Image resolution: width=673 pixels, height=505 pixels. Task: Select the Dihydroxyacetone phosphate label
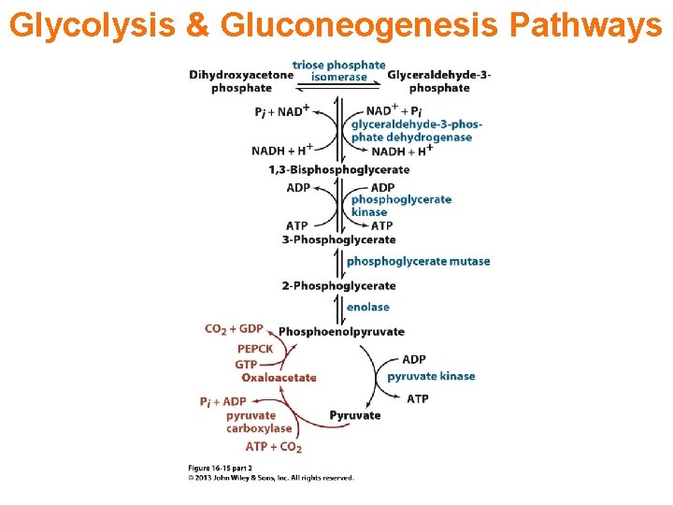(x=241, y=81)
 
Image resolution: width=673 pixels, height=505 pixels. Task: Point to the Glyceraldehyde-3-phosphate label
(x=439, y=81)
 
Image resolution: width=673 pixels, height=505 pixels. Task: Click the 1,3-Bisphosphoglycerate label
(x=339, y=169)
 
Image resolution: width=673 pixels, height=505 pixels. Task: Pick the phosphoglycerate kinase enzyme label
(x=401, y=206)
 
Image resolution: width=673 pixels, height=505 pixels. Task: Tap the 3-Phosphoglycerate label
(x=338, y=239)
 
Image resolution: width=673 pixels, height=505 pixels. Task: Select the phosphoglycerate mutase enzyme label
(x=418, y=261)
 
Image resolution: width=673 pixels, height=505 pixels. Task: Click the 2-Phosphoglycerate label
(x=338, y=285)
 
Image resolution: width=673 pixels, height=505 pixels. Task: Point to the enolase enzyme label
(x=367, y=307)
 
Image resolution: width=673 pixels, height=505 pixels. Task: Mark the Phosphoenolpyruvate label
(x=341, y=331)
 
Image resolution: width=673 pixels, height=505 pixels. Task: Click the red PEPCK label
(x=254, y=349)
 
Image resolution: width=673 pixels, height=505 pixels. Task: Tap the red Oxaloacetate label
(x=279, y=378)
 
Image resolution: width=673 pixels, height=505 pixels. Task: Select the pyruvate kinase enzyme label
(x=431, y=376)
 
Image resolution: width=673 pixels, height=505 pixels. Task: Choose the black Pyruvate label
(x=355, y=415)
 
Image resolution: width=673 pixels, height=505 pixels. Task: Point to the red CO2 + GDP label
(x=234, y=328)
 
